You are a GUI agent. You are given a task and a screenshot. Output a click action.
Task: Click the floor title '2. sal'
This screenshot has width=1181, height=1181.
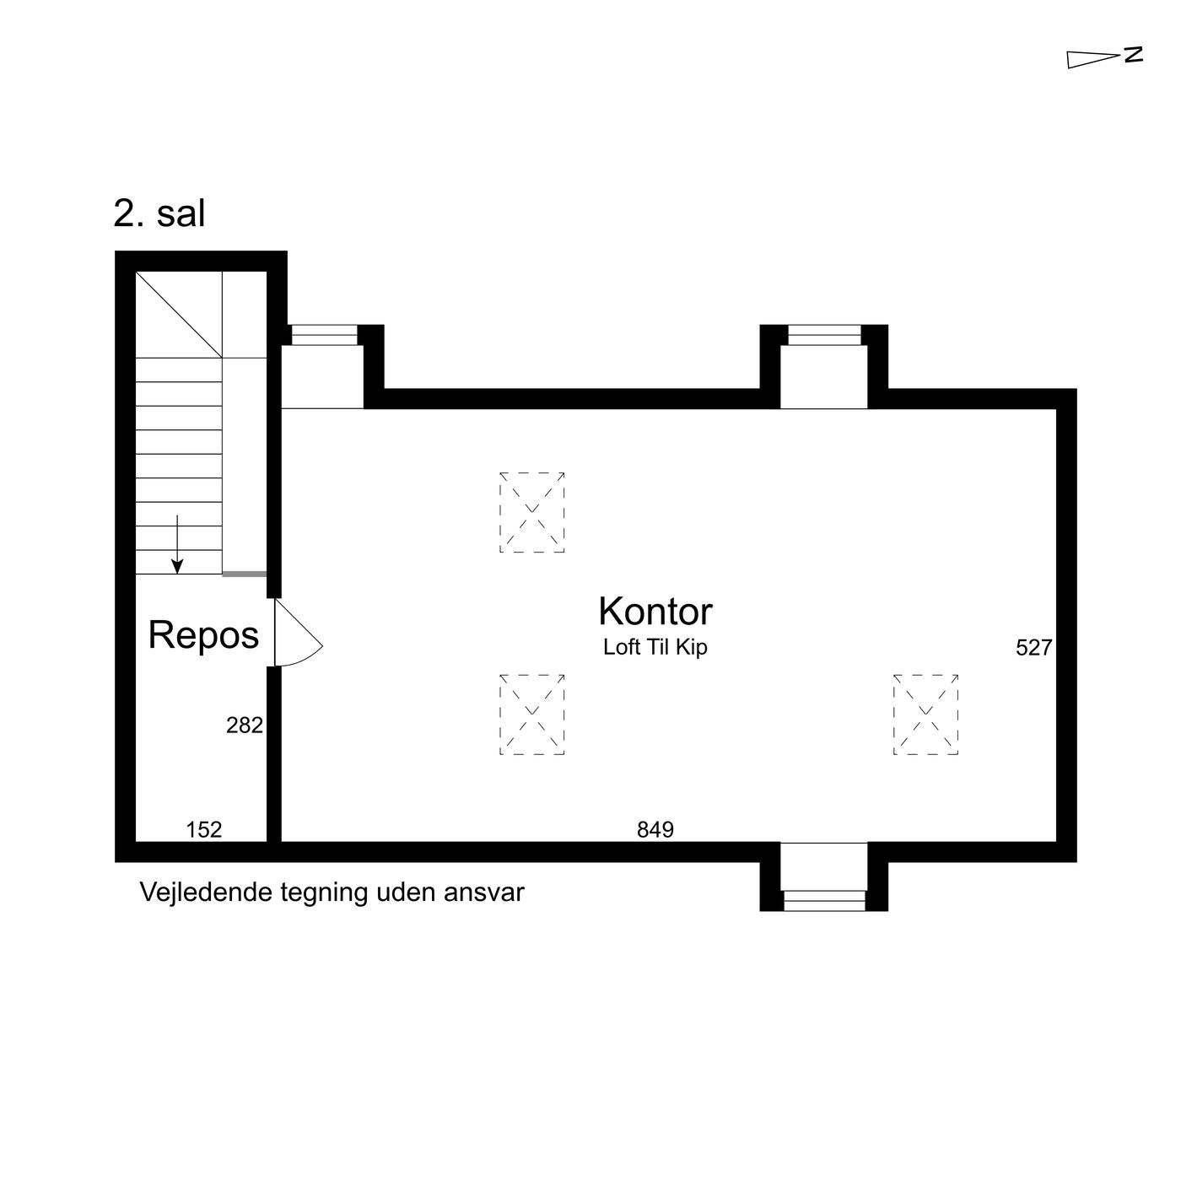click(159, 214)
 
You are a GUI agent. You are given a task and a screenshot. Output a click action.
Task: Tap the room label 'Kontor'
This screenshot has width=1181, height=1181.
click(655, 611)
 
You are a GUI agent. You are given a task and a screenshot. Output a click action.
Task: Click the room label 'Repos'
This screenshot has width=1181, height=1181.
click(203, 635)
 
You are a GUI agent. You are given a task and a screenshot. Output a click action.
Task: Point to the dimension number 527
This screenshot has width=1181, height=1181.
click(1034, 648)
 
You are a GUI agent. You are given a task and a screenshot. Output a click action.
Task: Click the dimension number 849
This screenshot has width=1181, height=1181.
click(655, 829)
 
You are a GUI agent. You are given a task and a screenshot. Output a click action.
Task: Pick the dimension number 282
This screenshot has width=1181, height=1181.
click(245, 725)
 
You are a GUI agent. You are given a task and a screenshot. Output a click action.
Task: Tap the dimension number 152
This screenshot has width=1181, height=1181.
click(203, 829)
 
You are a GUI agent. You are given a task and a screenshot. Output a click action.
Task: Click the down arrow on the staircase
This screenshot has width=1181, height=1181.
click(177, 544)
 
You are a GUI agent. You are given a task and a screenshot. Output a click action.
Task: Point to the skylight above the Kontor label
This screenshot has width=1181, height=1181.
click(532, 512)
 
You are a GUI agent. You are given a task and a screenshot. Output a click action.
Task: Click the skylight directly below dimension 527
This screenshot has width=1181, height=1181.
click(925, 714)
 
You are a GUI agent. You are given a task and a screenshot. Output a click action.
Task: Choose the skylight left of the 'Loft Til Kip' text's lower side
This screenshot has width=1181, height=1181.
click(532, 714)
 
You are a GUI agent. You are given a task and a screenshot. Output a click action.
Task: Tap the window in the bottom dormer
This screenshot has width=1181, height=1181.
click(824, 900)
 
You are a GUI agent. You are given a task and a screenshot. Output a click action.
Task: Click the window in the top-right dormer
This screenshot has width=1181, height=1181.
click(824, 335)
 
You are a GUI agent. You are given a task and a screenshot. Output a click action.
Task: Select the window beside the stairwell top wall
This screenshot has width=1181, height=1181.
click(324, 335)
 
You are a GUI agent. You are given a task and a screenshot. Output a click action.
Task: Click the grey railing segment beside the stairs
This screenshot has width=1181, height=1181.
click(244, 574)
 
